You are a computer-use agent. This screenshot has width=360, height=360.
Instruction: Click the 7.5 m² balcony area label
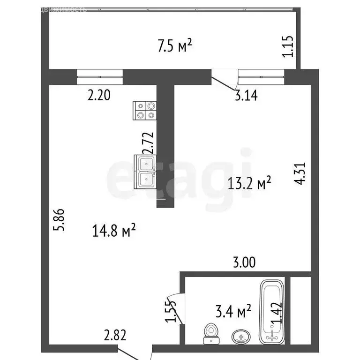pos(175,46)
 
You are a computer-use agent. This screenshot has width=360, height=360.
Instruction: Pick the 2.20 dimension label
pos(99,96)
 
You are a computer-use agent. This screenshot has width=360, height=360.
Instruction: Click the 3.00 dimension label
pos(244,262)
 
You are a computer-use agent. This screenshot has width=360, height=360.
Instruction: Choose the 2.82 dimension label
pos(116,335)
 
